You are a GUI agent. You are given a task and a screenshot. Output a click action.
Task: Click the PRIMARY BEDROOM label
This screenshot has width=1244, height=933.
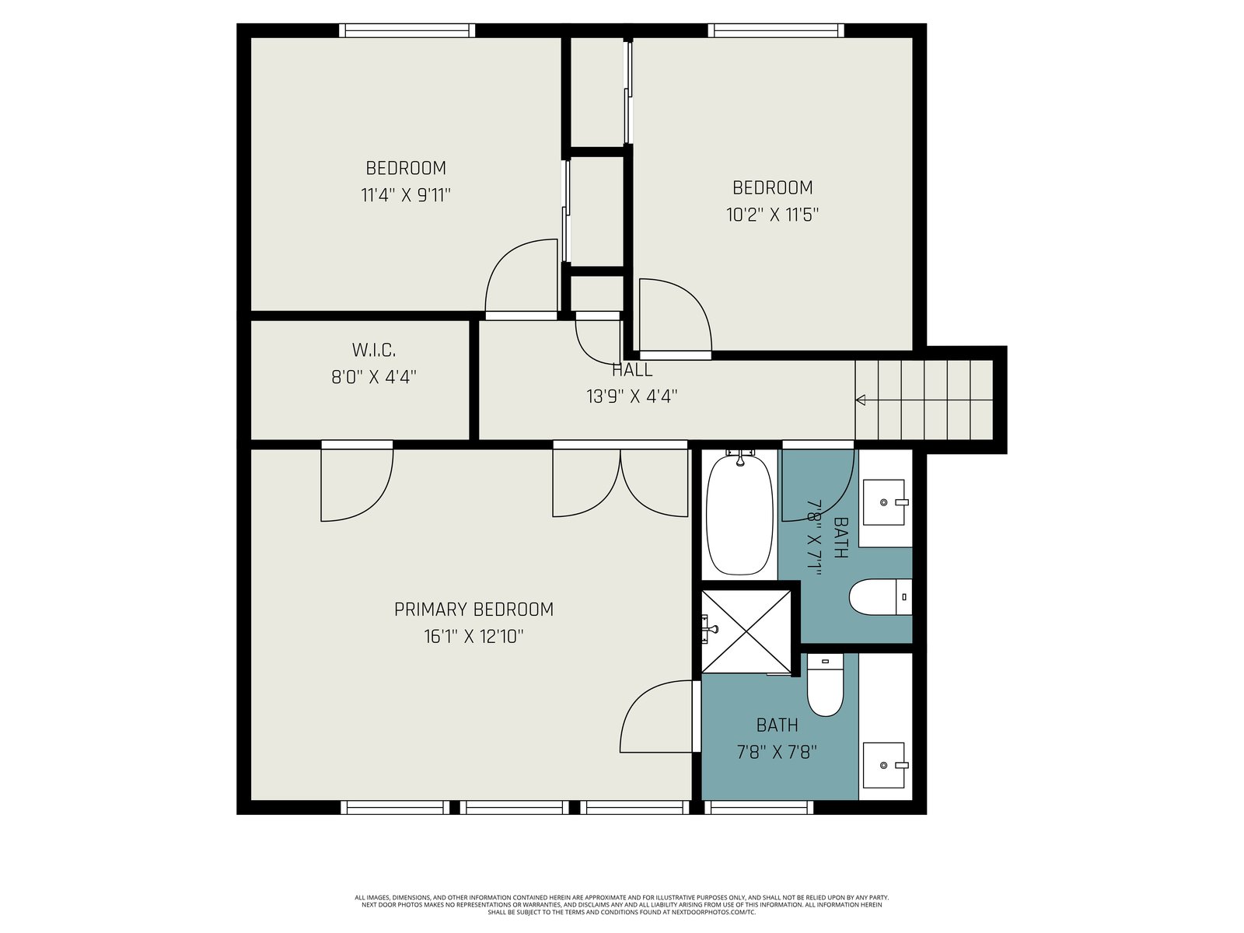click(x=473, y=610)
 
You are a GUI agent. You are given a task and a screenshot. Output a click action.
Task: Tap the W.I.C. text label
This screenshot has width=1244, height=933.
click(x=373, y=350)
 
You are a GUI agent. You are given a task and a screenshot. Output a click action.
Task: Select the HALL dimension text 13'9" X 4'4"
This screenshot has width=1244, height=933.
click(x=631, y=397)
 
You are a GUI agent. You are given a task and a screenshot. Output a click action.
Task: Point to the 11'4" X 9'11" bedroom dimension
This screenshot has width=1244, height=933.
click(x=405, y=195)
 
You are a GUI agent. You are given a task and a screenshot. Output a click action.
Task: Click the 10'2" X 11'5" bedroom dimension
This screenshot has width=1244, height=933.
click(x=772, y=215)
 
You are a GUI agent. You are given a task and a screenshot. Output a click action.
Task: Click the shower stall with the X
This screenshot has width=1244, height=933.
click(x=746, y=631)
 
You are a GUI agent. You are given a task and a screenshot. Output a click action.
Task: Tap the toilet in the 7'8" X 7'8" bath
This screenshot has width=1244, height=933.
click(x=825, y=684)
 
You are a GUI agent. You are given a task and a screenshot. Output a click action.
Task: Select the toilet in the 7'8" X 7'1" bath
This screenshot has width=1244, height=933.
click(x=880, y=597)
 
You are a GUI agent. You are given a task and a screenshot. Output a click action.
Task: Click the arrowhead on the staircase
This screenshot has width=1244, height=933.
click(x=861, y=400)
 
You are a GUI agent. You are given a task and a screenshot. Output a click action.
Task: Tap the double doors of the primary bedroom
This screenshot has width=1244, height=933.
click(x=620, y=482)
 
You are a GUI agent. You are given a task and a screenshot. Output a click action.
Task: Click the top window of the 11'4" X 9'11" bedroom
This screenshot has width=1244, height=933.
click(x=407, y=30)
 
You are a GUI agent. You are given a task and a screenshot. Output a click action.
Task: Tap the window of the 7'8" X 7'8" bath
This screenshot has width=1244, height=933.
click(x=762, y=807)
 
